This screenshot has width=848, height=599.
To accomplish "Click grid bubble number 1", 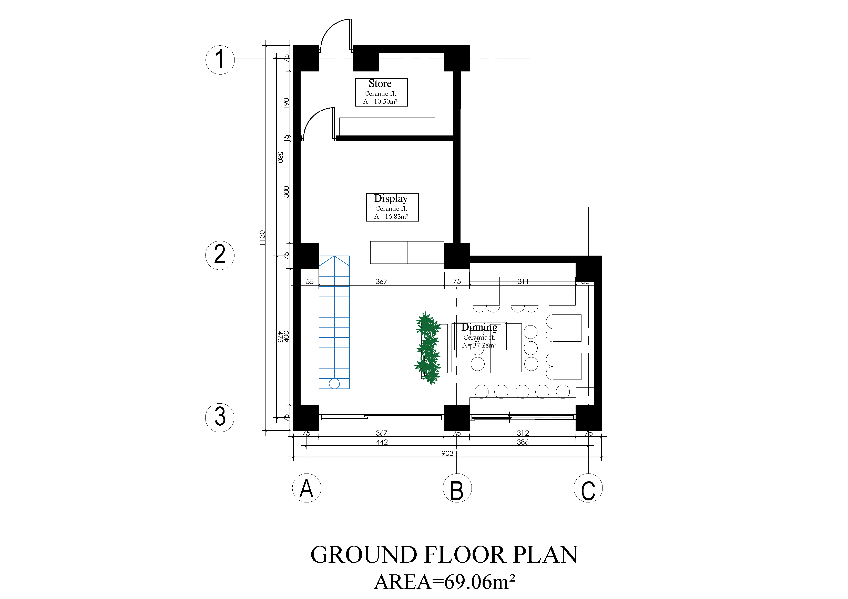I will (x=220, y=60).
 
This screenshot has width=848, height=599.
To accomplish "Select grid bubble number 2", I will (x=220, y=255).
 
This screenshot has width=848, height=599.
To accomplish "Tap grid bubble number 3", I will (x=220, y=417).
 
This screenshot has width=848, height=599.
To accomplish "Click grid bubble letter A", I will (x=306, y=488).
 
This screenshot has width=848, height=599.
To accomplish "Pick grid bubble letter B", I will (x=457, y=488).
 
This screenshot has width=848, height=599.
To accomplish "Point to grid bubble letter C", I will (x=588, y=488).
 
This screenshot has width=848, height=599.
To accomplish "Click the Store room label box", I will (x=381, y=92).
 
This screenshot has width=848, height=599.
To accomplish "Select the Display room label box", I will (x=392, y=207).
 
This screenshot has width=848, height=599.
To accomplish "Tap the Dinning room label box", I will (x=480, y=336).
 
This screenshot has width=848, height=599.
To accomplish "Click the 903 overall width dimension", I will (x=447, y=453).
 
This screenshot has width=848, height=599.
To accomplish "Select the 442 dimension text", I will (x=382, y=442).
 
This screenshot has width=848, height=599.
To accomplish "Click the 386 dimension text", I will (x=523, y=442).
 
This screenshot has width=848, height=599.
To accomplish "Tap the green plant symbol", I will (x=428, y=348).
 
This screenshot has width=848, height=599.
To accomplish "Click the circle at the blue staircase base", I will (x=334, y=383).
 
